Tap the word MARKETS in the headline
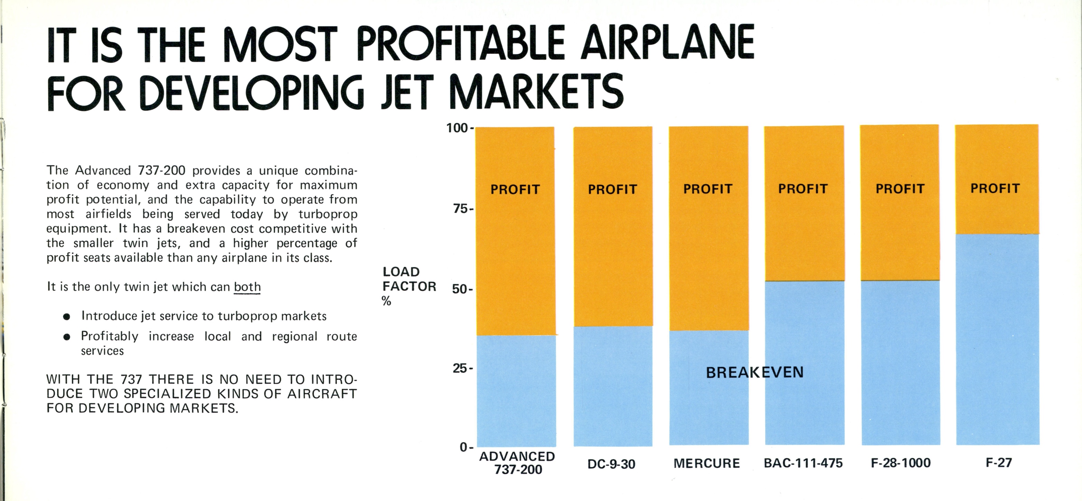tap(536, 92)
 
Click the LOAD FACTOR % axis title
tap(409, 286)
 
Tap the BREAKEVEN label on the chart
tap(754, 372)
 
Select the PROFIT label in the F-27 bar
tap(995, 188)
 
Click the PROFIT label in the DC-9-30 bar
tap(612, 189)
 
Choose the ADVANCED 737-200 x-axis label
tap(517, 463)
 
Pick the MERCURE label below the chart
tap(706, 463)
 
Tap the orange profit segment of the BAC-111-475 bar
tap(804, 235)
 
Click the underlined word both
tap(247, 287)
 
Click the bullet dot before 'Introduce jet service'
tap(66, 316)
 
